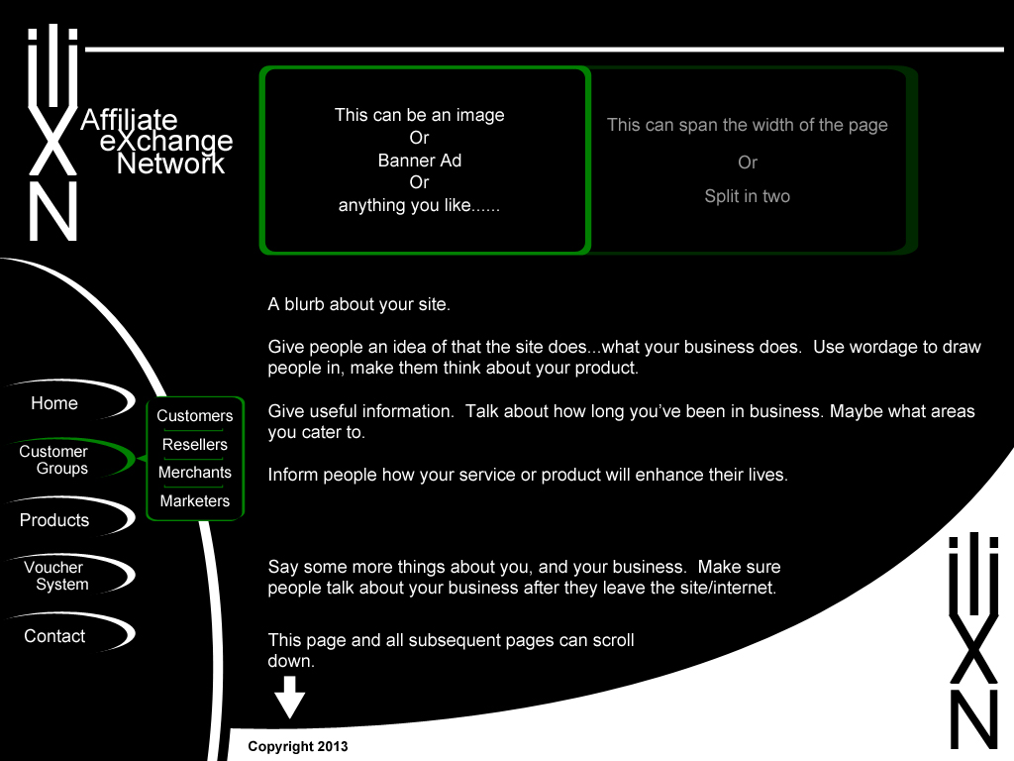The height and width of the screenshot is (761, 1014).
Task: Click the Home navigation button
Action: tap(54, 403)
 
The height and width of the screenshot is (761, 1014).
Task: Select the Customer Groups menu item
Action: tap(54, 460)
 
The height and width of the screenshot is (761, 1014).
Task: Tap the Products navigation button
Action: tap(54, 520)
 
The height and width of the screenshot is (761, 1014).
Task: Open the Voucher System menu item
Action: tap(54, 576)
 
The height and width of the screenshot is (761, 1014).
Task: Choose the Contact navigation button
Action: tap(54, 636)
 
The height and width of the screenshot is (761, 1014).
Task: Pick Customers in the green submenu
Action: tap(195, 416)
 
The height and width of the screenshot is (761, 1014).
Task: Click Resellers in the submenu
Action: tap(195, 445)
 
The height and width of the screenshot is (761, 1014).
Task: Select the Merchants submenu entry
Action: tap(195, 473)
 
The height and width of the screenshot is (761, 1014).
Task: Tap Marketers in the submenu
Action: tap(195, 501)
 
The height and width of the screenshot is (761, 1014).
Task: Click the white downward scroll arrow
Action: tap(289, 698)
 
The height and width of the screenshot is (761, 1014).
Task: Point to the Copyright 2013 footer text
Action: tap(298, 746)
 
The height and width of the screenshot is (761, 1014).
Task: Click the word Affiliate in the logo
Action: tap(129, 121)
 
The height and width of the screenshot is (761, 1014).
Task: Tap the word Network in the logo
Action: tap(171, 163)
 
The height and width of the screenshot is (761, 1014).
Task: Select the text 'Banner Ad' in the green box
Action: tap(420, 161)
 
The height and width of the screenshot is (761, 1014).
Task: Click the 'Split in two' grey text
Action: tap(748, 196)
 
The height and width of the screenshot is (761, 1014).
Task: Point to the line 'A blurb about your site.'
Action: tap(359, 304)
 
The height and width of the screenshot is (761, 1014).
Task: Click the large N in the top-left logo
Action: tap(52, 212)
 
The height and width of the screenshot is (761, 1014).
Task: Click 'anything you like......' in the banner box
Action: tap(420, 206)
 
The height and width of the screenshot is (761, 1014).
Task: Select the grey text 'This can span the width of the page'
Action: tap(748, 125)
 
